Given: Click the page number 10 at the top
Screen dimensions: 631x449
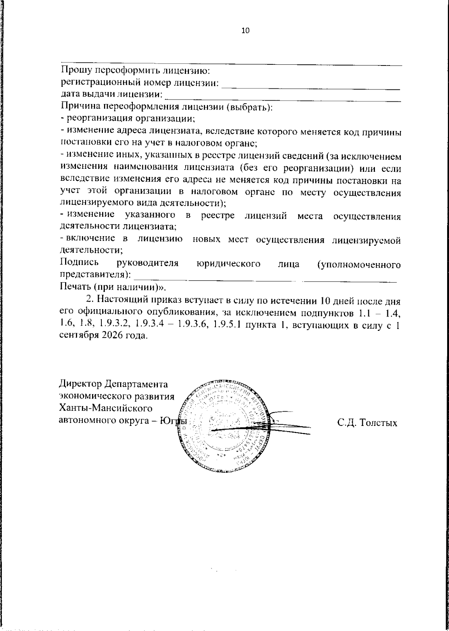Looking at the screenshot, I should point(245,31).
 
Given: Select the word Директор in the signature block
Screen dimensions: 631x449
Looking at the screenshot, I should point(80,384).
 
